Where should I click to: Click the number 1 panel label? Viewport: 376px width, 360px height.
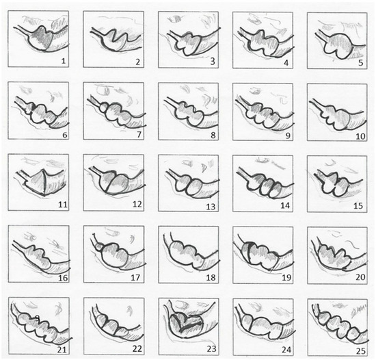click(x=64, y=61)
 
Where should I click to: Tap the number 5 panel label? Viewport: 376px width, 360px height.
click(x=361, y=63)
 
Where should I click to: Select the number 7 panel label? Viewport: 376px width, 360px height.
click(x=139, y=134)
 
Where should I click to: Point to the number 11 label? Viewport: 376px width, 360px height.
click(x=63, y=205)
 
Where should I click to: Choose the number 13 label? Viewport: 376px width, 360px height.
click(x=211, y=207)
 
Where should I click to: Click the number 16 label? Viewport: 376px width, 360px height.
click(x=64, y=278)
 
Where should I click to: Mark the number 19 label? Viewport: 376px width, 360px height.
click(x=286, y=278)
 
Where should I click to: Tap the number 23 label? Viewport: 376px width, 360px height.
click(x=211, y=349)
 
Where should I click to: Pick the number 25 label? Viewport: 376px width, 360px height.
click(x=361, y=351)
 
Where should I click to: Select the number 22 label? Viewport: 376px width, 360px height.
click(x=137, y=349)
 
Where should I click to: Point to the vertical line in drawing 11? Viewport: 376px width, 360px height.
click(x=44, y=183)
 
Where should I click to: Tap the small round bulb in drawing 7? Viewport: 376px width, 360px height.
click(x=104, y=107)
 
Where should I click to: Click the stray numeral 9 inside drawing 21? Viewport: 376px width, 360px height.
click(x=37, y=318)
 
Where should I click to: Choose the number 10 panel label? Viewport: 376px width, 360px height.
click(x=360, y=136)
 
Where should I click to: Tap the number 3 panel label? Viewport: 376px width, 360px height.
click(x=213, y=62)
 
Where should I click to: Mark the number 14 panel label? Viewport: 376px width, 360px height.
click(x=285, y=206)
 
